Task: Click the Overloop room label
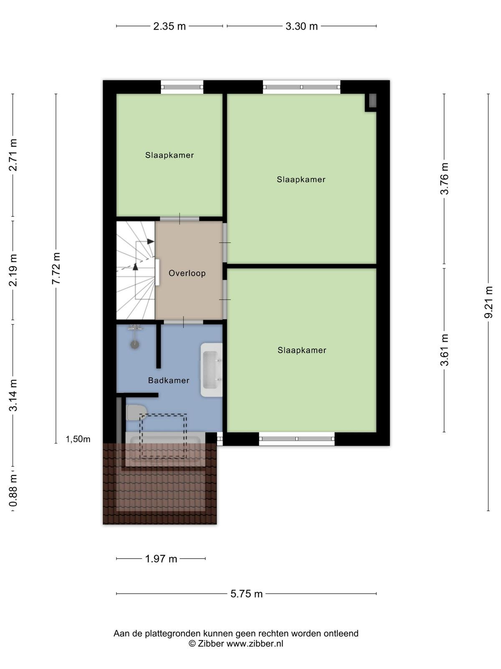click(187, 273)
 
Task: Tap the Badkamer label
click(169, 380)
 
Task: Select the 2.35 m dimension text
click(170, 26)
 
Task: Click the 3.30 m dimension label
click(301, 26)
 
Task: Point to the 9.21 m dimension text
click(488, 302)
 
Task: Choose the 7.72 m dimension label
click(56, 268)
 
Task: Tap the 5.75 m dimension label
click(246, 594)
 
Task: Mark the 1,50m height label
click(78, 439)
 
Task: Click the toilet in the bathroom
click(137, 413)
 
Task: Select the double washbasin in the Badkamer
click(211, 370)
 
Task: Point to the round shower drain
click(135, 345)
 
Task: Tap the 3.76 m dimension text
click(444, 179)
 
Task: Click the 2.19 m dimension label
click(13, 270)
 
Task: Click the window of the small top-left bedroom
click(182, 87)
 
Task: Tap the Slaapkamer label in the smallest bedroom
click(170, 155)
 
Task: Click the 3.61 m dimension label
click(444, 350)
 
